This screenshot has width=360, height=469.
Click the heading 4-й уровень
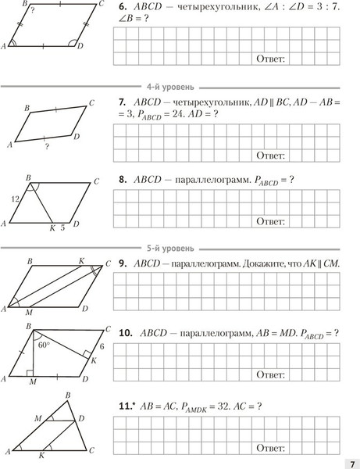[x=176, y=86]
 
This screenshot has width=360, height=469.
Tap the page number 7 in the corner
[x=351, y=461]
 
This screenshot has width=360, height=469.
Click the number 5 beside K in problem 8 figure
[x=62, y=228]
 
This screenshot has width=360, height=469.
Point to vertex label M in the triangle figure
[x=37, y=420]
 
